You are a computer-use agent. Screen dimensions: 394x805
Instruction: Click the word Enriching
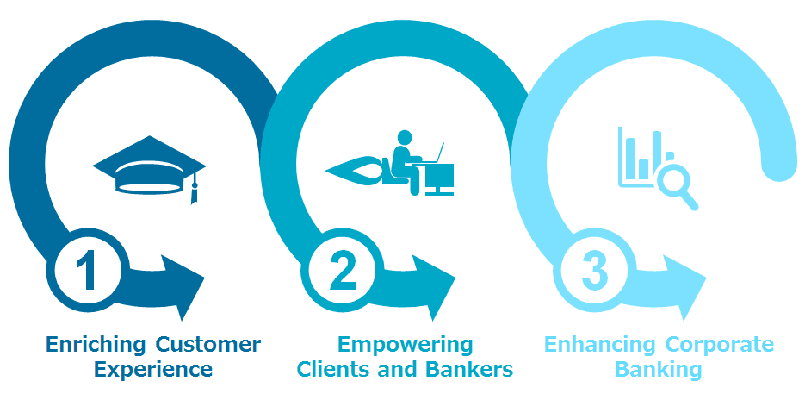[96, 345]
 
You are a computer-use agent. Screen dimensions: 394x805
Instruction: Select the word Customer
[209, 345]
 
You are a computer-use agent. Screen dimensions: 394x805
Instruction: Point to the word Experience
[153, 370]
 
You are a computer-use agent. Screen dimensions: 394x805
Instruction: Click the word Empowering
[405, 345]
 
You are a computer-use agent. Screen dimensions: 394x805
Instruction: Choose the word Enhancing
[600, 345]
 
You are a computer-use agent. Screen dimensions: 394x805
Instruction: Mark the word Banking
[659, 370]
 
